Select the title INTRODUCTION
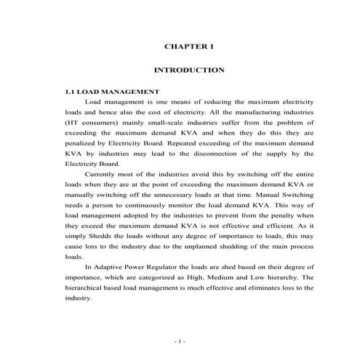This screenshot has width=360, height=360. pos(189,71)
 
